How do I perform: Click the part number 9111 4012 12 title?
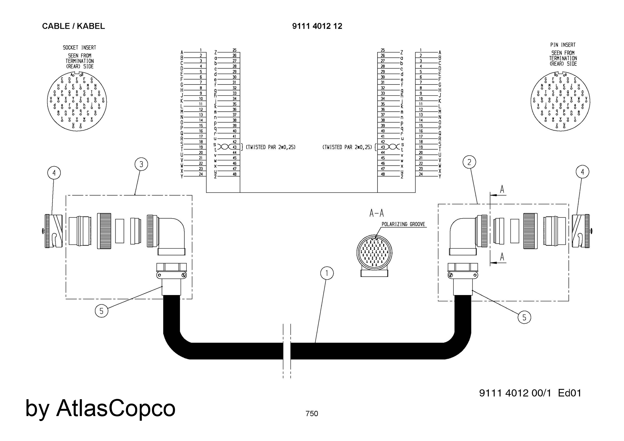(317, 26)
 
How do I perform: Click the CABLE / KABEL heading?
(73, 26)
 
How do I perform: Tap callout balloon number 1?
(327, 274)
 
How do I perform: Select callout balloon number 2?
(469, 162)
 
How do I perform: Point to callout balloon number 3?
(141, 164)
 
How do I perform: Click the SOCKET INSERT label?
(79, 48)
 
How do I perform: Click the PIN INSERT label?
(563, 45)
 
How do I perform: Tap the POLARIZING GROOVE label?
(403, 224)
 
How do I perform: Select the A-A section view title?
(377, 213)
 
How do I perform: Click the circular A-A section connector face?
(374, 252)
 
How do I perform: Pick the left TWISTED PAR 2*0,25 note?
(271, 147)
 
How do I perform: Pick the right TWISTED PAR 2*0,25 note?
(347, 147)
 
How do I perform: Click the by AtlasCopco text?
(100, 408)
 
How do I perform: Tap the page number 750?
(312, 414)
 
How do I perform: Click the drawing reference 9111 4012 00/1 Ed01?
(530, 393)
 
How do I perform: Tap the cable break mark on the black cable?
(287, 351)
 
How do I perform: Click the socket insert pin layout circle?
(77, 101)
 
